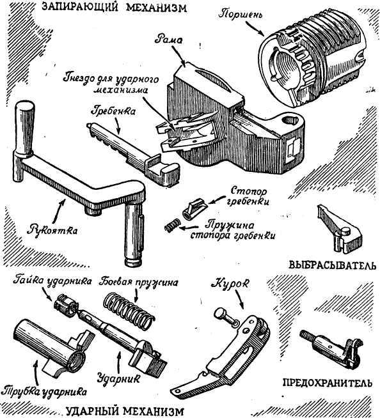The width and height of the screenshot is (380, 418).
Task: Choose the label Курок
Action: (x=224, y=281)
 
